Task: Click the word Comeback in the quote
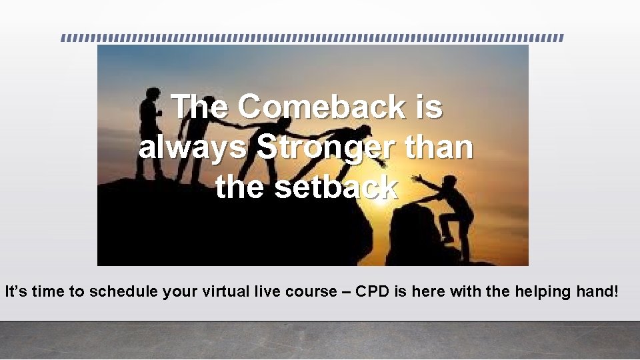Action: coord(320,107)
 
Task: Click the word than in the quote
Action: coord(437,148)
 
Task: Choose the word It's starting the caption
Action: coord(15,291)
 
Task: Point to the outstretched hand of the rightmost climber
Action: coord(416,179)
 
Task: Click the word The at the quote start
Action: coord(199,107)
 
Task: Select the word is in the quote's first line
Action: coord(427,107)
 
